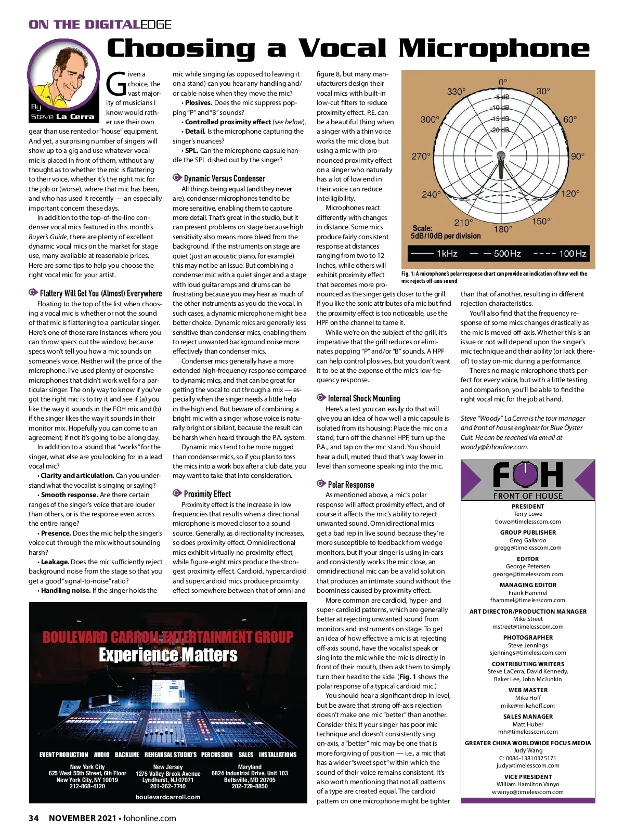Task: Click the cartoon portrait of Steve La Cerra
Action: click(62, 78)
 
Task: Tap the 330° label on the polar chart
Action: click(456, 92)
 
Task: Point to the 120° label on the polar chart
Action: click(570, 193)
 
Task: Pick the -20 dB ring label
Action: click(500, 130)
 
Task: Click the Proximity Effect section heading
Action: click(207, 494)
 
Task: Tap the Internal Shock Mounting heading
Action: click(363, 398)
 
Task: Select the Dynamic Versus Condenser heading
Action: click(224, 178)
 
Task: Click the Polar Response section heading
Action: click(350, 485)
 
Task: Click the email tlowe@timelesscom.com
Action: click(528, 522)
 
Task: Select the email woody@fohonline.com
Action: click(494, 447)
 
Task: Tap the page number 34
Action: click(34, 818)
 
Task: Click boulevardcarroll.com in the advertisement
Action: click(168, 797)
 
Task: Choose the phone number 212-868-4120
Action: click(87, 786)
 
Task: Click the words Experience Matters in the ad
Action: click(168, 655)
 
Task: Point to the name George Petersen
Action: click(528, 566)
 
